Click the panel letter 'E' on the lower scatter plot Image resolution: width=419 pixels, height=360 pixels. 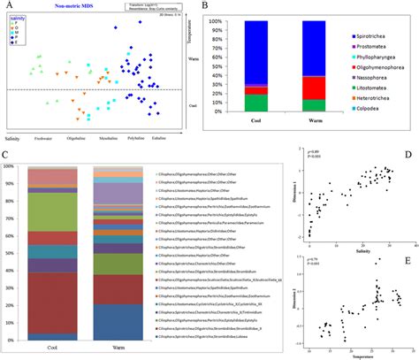coord(407,261)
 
